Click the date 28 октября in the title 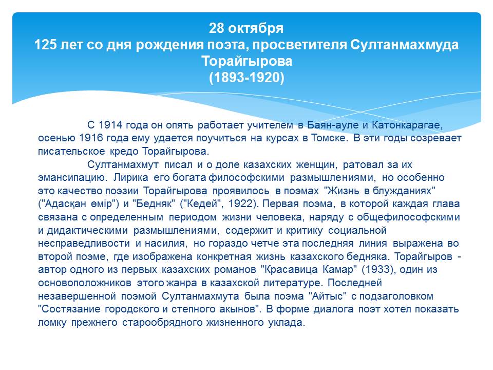[x=246, y=28]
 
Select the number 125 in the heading [x=45, y=45]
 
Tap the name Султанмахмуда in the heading [x=404, y=45]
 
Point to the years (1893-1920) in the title [x=246, y=78]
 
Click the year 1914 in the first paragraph [x=110, y=125]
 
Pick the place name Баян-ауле [x=333, y=125]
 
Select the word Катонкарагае [x=407, y=125]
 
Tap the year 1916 [x=91, y=138]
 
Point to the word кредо [x=124, y=151]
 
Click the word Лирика [x=130, y=178]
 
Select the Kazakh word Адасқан [x=66, y=204]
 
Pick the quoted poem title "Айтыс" [x=327, y=296]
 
